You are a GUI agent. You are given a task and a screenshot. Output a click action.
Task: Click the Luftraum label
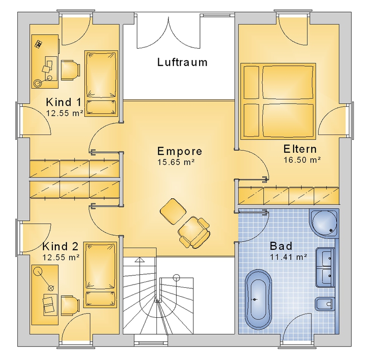tap(182, 62)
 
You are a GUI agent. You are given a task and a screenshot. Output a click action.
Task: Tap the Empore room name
tap(179, 151)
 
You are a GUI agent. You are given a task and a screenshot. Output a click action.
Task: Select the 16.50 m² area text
tap(302, 160)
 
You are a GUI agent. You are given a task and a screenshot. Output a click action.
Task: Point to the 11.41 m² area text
tap(289, 257)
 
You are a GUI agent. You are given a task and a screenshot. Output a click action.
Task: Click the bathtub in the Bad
tap(259, 300)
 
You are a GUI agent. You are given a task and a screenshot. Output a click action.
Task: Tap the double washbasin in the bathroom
tap(325, 267)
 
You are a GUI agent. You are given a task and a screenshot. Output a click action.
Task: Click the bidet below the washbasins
tap(325, 304)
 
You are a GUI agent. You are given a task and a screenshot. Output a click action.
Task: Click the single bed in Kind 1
tap(101, 83)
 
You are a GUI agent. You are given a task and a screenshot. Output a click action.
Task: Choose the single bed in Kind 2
tap(101, 275)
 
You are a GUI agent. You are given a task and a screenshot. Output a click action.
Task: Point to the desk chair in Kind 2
tap(70, 305)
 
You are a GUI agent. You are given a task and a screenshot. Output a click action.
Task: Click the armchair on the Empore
tap(194, 232)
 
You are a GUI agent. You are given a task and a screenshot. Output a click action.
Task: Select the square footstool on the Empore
tap(173, 211)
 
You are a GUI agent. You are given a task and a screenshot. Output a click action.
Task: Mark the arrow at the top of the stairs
tap(140, 260)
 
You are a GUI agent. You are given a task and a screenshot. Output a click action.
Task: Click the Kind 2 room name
tap(60, 247)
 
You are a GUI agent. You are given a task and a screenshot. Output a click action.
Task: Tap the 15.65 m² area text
tap(176, 162)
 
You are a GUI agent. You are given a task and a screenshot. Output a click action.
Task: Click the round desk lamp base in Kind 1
tap(37, 83)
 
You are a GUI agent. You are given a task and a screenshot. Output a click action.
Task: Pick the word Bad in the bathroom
tap(281, 246)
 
